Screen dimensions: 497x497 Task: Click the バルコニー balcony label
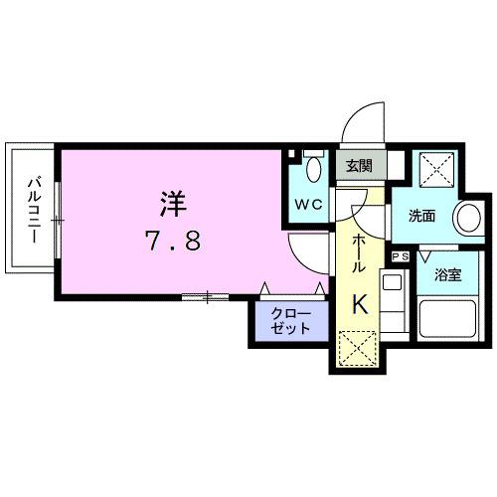(33, 211)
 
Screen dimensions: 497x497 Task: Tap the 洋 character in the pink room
(170, 203)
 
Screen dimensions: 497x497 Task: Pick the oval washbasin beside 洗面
(463, 218)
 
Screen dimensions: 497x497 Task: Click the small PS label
(402, 256)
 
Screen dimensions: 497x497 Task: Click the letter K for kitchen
(360, 305)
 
